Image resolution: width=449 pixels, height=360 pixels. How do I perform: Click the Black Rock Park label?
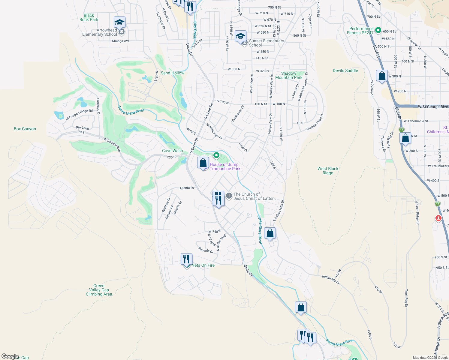[89, 17]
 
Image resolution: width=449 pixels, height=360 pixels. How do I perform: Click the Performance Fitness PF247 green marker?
[378, 30]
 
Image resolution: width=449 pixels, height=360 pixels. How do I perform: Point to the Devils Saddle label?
[345, 70]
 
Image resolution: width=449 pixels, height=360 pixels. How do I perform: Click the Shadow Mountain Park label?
[289, 75]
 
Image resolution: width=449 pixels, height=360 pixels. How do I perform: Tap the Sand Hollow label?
[173, 73]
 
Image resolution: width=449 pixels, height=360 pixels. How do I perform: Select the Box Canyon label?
[25, 129]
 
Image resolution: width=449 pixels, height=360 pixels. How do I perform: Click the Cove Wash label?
[172, 151]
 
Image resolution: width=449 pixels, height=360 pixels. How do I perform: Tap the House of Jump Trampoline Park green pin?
[216, 155]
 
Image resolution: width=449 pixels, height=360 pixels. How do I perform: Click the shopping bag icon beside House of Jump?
[203, 163]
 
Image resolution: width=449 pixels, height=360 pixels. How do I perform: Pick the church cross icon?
[229, 196]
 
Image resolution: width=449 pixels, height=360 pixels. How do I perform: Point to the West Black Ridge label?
[328, 171]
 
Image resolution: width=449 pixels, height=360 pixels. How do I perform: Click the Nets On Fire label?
[203, 265]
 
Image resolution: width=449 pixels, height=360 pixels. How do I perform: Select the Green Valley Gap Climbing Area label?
[99, 290]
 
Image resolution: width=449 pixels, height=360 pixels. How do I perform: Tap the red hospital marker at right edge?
[438, 218]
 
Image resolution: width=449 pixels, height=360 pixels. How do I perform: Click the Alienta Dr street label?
[187, 188]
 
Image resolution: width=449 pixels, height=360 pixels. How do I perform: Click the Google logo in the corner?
[10, 356]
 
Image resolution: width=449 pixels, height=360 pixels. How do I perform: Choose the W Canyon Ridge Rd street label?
[79, 115]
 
